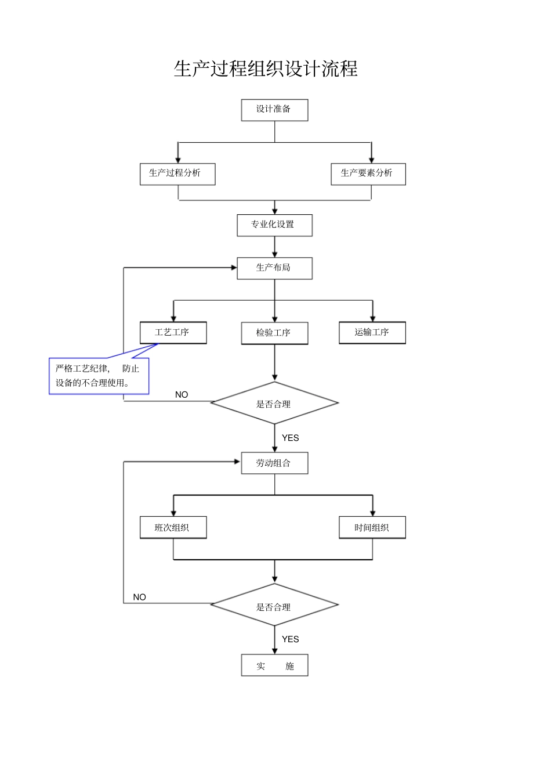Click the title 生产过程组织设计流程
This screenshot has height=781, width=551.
point(266,69)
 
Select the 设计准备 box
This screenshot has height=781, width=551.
point(274,110)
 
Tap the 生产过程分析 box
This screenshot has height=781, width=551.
point(177,174)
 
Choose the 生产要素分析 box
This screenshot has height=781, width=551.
point(368,174)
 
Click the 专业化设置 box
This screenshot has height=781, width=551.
point(274,225)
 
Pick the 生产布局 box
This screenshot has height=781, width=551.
point(274,268)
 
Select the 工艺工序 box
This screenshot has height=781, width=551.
point(173,333)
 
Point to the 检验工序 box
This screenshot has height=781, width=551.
point(274,333)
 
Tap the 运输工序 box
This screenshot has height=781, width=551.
point(372,333)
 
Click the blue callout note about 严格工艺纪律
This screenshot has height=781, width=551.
point(99,376)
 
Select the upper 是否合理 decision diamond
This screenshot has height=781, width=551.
point(274,404)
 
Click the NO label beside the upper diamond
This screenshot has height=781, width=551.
point(182,395)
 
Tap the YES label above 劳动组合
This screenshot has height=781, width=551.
point(290,438)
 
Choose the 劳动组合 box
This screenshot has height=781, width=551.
point(274,463)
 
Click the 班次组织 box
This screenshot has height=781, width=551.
point(173,528)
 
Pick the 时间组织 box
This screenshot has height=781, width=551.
point(372,528)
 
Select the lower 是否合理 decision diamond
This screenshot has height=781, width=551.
point(274,606)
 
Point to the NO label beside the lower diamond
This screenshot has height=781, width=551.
point(139,597)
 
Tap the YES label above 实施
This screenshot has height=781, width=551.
point(290,639)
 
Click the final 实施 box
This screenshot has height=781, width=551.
point(274,666)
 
